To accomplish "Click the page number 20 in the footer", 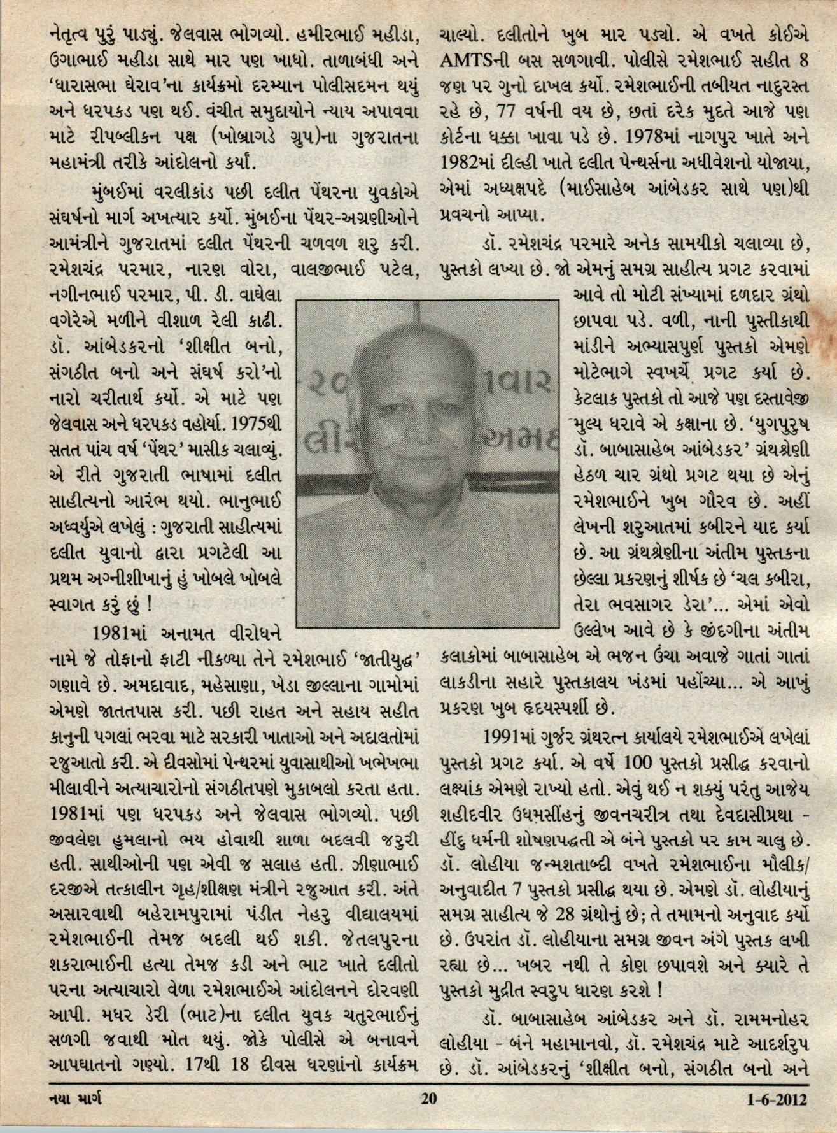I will (428, 1097).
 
